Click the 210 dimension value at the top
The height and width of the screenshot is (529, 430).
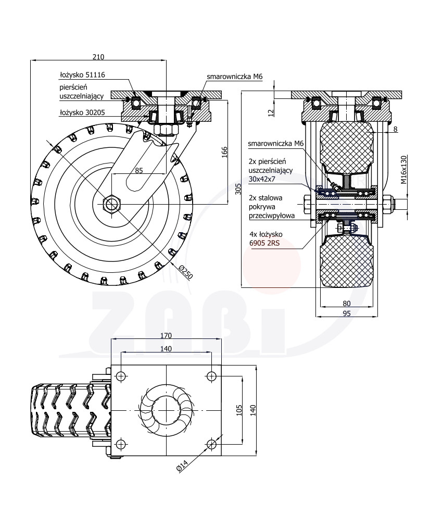pos(98,56)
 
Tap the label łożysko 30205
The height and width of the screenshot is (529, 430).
pos(82,112)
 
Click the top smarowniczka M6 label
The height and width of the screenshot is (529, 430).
pos(234,77)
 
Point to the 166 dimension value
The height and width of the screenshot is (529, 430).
pos(224,152)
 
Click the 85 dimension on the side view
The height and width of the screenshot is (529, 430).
pos(139,169)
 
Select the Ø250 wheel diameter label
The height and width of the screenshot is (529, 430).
pos(186,272)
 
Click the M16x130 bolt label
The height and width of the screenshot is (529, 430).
pos(403,170)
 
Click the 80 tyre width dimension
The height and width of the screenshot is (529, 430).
pos(347,303)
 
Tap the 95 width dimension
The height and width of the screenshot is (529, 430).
pos(347,313)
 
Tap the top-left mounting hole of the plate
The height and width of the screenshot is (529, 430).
pos(121,375)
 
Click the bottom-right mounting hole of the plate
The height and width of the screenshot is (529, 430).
pos(211,444)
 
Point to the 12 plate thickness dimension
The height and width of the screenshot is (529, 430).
pos(270,112)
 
